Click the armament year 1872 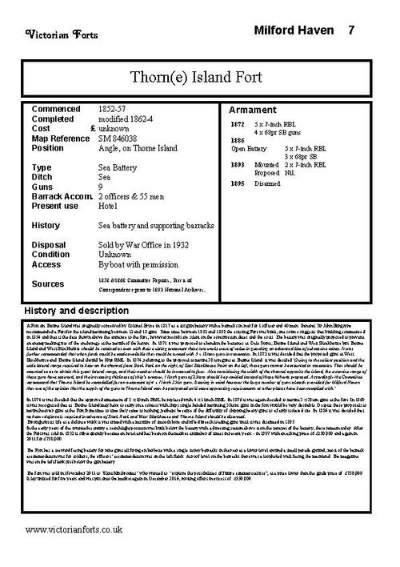click(x=237, y=124)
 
